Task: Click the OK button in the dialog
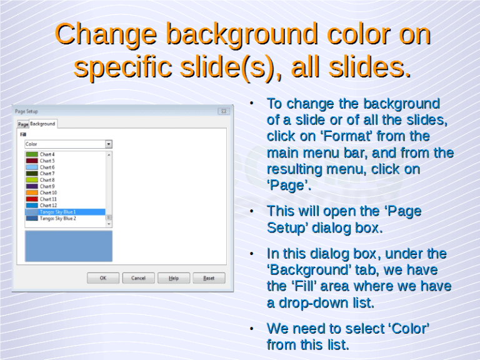click(103, 278)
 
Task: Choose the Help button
click(174, 278)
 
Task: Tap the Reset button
click(209, 278)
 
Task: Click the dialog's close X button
click(223, 111)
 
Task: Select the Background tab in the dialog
click(42, 124)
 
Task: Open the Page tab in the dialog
click(22, 124)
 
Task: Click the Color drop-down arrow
click(108, 144)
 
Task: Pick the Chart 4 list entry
click(47, 154)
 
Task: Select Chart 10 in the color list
click(49, 192)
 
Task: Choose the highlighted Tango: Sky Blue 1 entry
click(57, 212)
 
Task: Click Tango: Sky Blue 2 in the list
click(57, 219)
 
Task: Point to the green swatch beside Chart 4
click(32, 154)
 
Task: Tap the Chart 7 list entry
click(47, 173)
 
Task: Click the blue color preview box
click(68, 246)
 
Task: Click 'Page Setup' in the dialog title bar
click(27, 111)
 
